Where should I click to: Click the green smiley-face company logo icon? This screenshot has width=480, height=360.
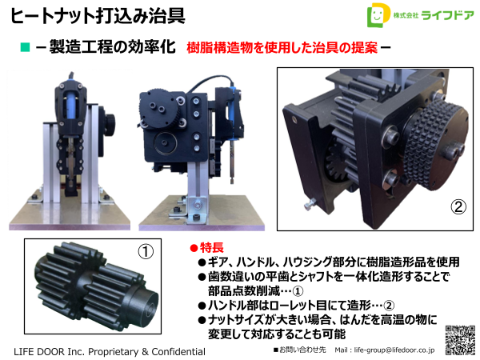pyautogui.click(x=375, y=17)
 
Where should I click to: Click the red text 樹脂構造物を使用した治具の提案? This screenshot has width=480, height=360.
pyautogui.click(x=282, y=47)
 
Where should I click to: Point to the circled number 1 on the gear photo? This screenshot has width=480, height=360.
pyautogui.click(x=145, y=251)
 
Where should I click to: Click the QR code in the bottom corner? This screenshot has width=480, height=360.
pyautogui.click(x=460, y=341)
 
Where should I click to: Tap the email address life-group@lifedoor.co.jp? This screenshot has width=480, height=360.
pyautogui.click(x=384, y=350)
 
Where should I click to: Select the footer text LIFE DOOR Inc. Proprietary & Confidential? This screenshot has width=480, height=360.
pyautogui.click(x=110, y=351)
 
